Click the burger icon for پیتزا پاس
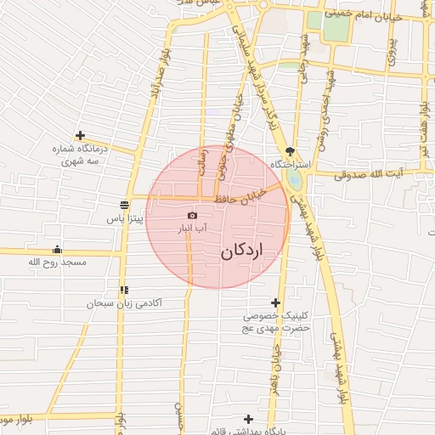click(125, 205)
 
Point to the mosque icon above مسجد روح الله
click(57, 249)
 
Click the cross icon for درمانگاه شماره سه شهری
click(80, 134)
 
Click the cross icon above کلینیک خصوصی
click(275, 302)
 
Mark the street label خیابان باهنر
click(276, 374)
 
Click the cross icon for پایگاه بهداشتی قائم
click(248, 419)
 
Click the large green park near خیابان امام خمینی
click(336, 27)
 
